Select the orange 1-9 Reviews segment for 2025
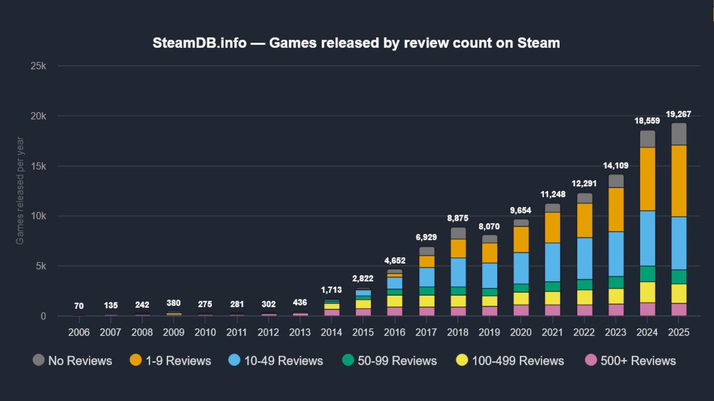point(678,181)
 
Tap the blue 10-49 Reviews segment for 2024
point(647,238)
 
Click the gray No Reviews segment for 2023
point(616,181)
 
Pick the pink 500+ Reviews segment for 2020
point(521,310)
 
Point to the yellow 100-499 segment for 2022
point(584,297)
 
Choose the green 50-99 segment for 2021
point(552,286)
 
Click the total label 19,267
point(678,114)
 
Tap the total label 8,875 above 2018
point(458,218)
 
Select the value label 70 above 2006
point(79,306)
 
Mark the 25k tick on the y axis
point(39,66)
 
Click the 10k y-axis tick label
point(39,216)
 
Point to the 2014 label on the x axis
point(331,332)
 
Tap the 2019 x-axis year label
point(489,332)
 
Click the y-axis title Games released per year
point(20,191)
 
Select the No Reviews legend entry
point(72,360)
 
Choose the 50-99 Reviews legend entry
point(390,360)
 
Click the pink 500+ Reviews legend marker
point(590,360)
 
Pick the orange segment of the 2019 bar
point(489,252)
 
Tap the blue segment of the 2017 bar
point(426,277)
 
